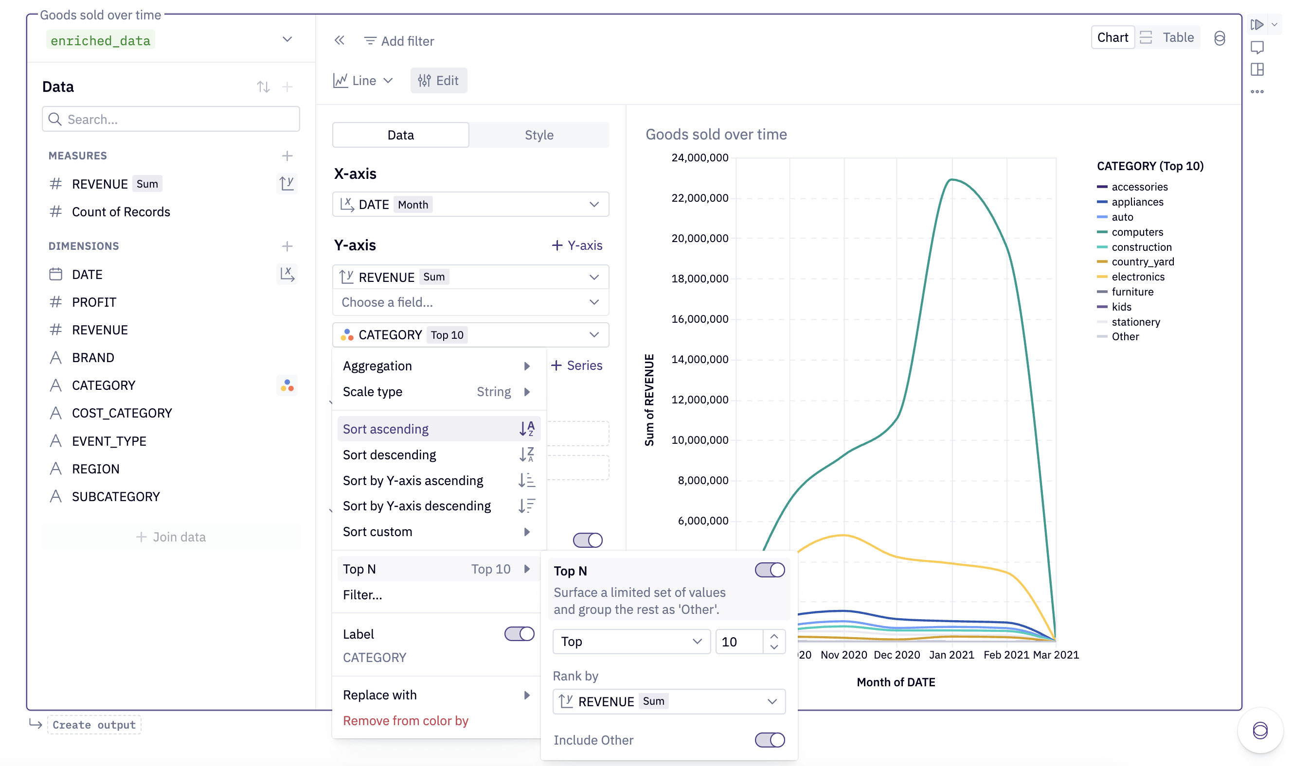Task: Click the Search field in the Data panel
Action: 170,119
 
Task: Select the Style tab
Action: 538,135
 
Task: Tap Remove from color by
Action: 406,721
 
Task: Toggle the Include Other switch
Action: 769,740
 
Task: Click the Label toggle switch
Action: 519,634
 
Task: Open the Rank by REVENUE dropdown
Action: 668,701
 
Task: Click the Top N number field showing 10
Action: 739,642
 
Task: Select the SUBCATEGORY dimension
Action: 116,497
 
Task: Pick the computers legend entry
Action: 1137,232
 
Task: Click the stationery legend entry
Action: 1135,322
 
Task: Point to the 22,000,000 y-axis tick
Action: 700,198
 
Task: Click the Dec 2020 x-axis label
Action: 897,655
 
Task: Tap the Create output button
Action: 94,725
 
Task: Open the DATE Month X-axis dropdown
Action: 470,205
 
